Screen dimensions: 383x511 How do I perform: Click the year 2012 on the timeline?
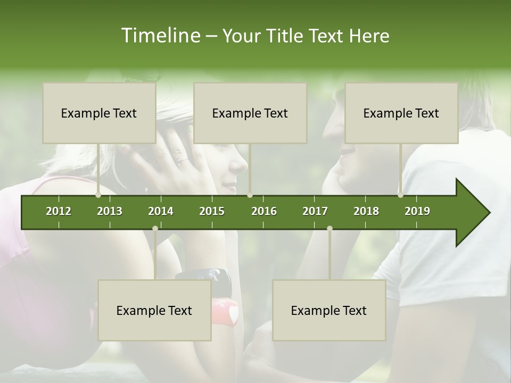point(59,211)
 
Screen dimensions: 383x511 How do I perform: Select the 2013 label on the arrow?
point(110,211)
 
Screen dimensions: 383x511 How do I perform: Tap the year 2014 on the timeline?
point(161,211)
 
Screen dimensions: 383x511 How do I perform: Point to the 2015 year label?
point(212,211)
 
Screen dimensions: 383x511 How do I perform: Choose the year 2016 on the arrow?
point(264,211)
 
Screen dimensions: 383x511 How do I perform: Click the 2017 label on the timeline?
point(315,211)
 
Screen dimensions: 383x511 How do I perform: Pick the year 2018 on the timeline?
point(366,211)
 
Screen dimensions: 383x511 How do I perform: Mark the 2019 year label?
point(417,211)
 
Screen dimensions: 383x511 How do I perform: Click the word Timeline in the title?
point(160,36)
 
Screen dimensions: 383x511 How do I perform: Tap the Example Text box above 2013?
point(99,113)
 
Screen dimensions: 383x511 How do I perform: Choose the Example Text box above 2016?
point(250,113)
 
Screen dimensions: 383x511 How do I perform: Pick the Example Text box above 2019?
point(401,113)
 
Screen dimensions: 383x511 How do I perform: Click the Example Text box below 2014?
point(154,310)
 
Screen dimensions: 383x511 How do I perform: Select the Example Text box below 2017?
point(329,310)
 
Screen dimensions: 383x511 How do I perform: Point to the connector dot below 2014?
point(155,228)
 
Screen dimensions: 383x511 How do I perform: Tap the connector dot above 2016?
point(250,195)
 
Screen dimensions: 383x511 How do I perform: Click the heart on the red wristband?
point(232,312)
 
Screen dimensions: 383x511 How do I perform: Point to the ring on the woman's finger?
point(179,159)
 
